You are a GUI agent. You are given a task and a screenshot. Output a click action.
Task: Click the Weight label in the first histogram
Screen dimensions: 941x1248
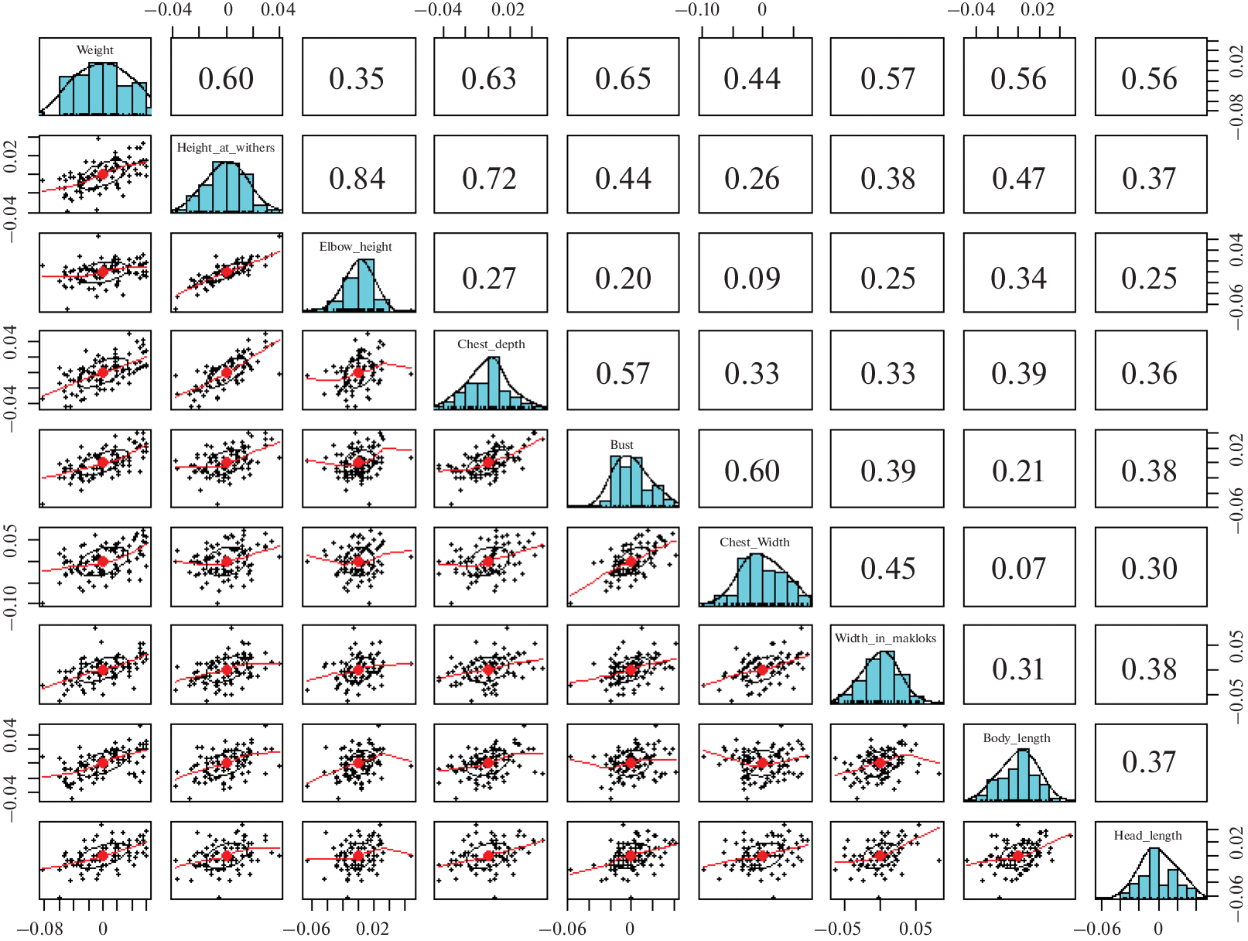click(x=95, y=50)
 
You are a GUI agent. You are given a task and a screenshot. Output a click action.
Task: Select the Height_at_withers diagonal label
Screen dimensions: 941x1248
click(x=226, y=148)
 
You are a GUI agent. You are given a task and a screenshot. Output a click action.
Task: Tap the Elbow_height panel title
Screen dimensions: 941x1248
click(x=356, y=247)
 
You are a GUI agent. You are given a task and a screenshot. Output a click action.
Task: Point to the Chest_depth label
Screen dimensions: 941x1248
click(x=491, y=344)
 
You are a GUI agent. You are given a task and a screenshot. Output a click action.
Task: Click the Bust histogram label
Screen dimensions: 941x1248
click(x=622, y=445)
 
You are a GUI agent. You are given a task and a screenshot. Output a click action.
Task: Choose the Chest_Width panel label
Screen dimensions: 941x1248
click(x=754, y=542)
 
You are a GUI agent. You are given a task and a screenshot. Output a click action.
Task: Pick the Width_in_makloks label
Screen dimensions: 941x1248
click(x=885, y=638)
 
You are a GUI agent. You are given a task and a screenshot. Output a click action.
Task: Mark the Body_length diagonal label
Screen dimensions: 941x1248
click(x=1017, y=738)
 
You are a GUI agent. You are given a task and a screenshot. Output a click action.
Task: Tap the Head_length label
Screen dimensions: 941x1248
click(x=1147, y=836)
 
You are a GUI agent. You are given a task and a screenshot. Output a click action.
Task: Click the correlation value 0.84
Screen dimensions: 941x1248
click(x=357, y=179)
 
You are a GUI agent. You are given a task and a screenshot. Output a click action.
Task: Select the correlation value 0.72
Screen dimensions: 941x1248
click(x=490, y=179)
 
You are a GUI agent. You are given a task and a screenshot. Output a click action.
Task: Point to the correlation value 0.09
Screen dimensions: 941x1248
click(x=752, y=279)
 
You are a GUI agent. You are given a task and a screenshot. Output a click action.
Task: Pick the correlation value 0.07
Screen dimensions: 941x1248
click(x=1018, y=569)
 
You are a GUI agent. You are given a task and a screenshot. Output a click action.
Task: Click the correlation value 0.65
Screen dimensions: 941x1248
click(x=623, y=79)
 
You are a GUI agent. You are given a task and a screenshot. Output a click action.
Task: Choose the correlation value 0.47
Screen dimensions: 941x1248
click(x=1018, y=179)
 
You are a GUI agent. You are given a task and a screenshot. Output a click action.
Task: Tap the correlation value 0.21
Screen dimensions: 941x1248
click(x=1018, y=471)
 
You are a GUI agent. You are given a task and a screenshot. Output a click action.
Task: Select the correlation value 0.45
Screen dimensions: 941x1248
click(x=888, y=569)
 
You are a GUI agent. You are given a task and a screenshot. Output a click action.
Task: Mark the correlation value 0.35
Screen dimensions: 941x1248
click(x=357, y=79)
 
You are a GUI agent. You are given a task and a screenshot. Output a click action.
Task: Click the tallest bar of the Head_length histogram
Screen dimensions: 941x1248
click(x=1154, y=874)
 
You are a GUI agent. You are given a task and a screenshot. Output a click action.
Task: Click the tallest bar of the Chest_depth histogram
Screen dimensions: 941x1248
click(x=494, y=383)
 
